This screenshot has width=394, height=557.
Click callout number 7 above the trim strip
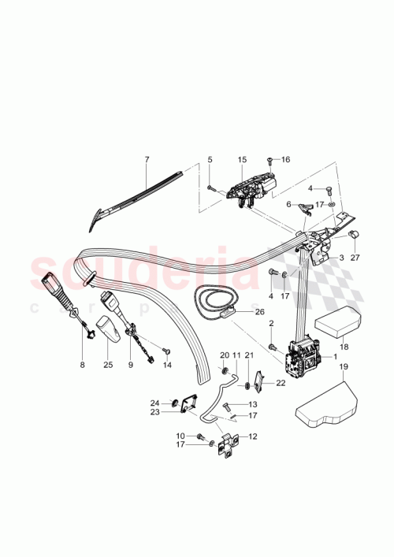(147, 160)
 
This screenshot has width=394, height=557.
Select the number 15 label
(243, 160)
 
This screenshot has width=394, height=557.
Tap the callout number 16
(285, 159)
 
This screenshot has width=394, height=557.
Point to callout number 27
(354, 257)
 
